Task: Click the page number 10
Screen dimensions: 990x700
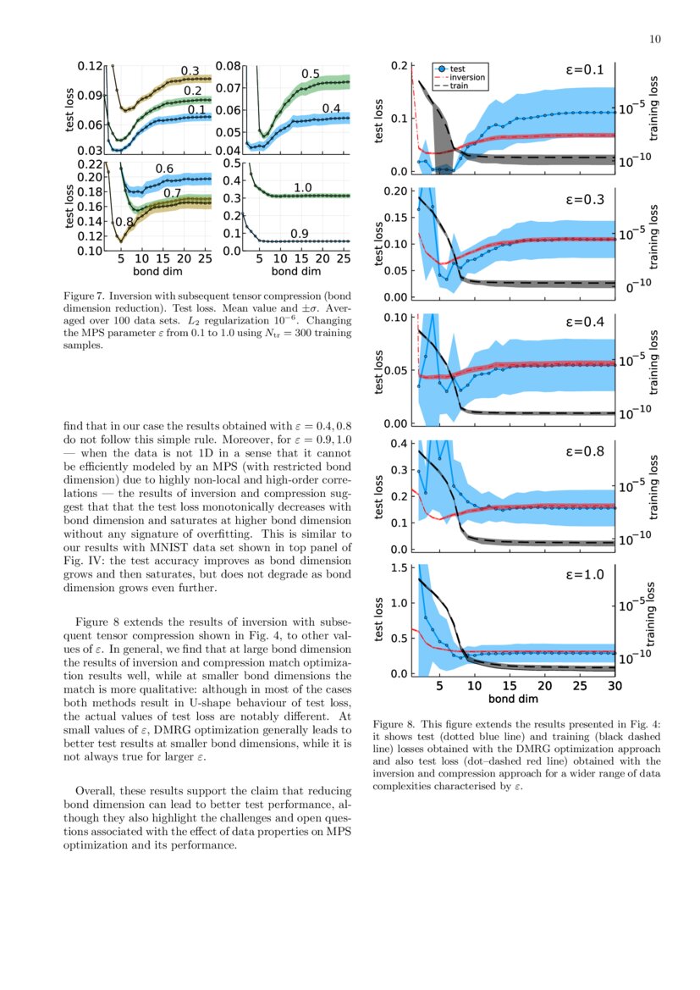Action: point(655,38)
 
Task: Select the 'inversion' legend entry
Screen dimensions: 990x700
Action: point(466,77)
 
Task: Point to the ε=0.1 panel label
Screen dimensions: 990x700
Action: point(584,70)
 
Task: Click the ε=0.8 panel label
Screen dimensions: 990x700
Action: point(584,451)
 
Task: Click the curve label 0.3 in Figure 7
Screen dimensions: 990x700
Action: point(190,71)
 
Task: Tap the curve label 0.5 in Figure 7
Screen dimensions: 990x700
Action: point(311,75)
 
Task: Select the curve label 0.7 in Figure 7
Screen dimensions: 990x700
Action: point(172,193)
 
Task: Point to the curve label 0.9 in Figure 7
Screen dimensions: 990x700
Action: point(299,233)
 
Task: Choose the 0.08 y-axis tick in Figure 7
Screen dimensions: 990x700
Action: point(229,65)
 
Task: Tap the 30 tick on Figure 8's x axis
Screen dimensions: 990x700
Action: point(615,687)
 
